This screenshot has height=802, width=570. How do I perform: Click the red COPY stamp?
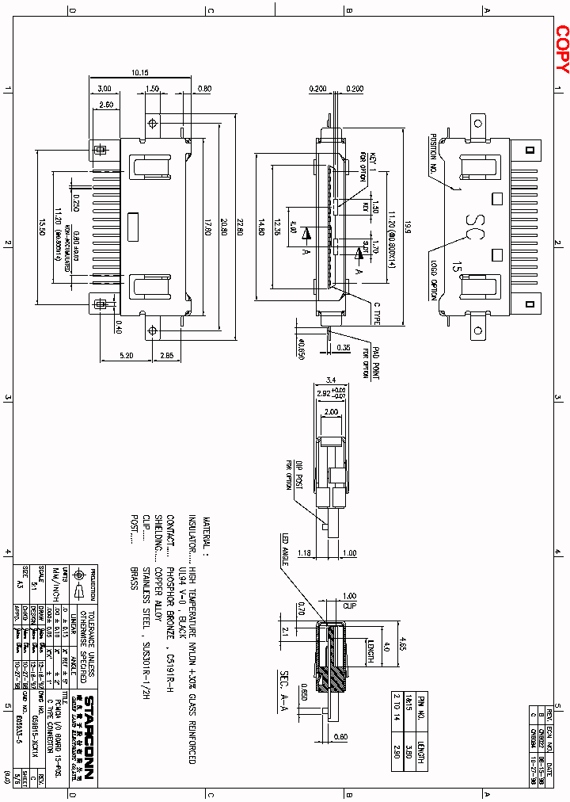click(561, 49)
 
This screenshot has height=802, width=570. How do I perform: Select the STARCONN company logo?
click(89, 742)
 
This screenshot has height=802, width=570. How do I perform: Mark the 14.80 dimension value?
click(260, 227)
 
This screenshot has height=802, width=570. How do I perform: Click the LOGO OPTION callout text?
click(434, 279)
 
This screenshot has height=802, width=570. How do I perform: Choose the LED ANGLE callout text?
click(286, 552)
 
